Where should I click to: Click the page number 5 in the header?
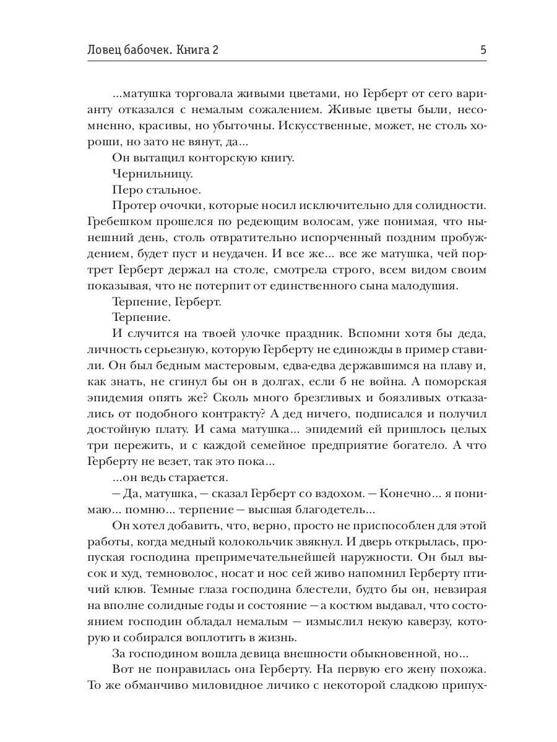[483, 50]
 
